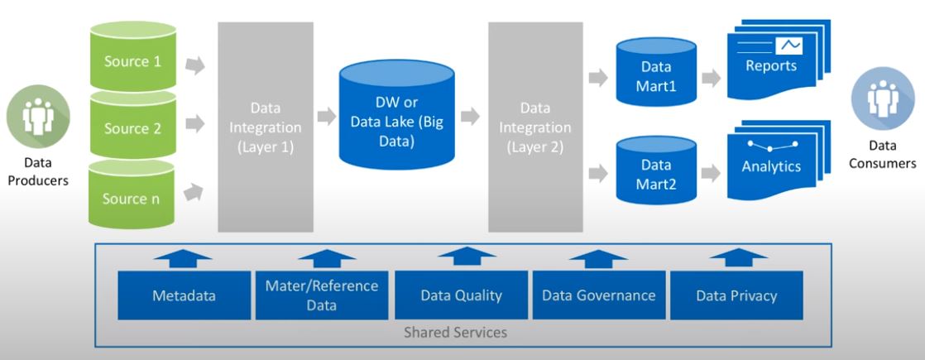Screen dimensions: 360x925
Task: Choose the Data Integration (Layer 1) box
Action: point(266,128)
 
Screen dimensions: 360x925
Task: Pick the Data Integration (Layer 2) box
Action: point(535,128)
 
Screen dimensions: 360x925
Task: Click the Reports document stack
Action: point(770,65)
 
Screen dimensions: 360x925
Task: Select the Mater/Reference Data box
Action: point(322,295)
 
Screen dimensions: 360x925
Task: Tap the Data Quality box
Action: point(461,295)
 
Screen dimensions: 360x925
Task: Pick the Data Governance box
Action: point(599,295)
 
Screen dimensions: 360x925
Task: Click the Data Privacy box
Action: point(737,295)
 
